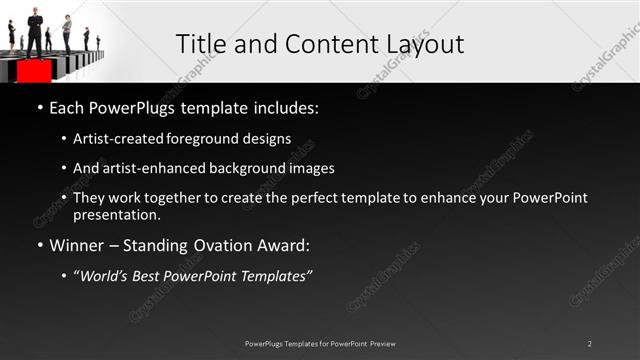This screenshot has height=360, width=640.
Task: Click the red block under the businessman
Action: (34, 72)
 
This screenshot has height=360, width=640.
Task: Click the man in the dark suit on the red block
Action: (36, 31)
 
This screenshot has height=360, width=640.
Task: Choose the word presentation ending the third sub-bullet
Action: (115, 214)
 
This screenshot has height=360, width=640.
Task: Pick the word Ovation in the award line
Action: (218, 245)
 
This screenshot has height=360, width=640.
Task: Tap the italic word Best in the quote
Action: (152, 277)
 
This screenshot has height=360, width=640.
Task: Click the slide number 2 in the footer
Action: (590, 344)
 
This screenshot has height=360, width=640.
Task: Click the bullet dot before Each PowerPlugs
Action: (39, 106)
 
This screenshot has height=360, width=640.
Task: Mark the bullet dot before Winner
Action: (39, 245)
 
